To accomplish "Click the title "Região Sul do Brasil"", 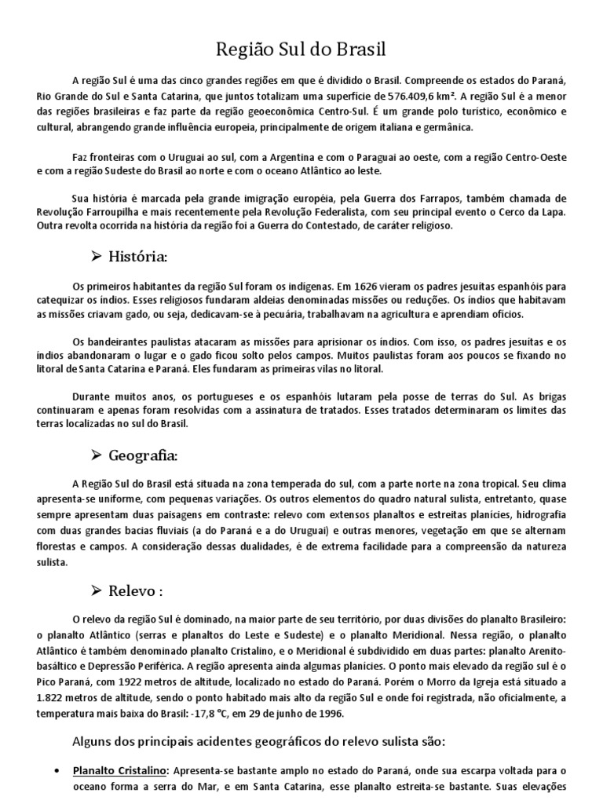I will (301, 50).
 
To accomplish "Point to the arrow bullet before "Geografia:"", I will (97, 455).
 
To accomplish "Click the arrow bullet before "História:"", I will (97, 257).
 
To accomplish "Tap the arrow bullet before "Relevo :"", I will (97, 590).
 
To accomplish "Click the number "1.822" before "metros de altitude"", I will (52, 700).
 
